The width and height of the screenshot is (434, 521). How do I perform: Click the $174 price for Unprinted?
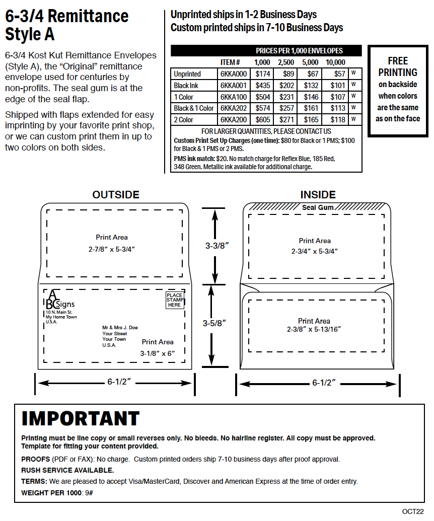[262, 74]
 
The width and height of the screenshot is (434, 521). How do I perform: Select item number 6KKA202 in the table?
[234, 108]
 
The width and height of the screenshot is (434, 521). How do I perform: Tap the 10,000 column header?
[335, 62]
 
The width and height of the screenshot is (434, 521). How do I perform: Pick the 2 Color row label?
[183, 120]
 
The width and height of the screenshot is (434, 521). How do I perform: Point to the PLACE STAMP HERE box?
[175, 300]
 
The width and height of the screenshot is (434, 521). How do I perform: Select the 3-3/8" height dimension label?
[217, 246]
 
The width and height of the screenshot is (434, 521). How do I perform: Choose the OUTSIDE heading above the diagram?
[116, 195]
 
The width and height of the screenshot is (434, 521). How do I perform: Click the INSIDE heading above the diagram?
[318, 195]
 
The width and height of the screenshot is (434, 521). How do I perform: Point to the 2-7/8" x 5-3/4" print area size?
[111, 249]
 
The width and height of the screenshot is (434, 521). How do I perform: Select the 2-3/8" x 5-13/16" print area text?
[314, 329]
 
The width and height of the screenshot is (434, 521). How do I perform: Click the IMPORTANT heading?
[81, 419]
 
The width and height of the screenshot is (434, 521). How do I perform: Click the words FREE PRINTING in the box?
[398, 66]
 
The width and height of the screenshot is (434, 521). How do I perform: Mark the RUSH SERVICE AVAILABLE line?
[67, 470]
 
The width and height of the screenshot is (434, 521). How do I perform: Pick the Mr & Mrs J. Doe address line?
[120, 327]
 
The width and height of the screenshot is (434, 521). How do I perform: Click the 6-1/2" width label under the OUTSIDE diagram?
[119, 382]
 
